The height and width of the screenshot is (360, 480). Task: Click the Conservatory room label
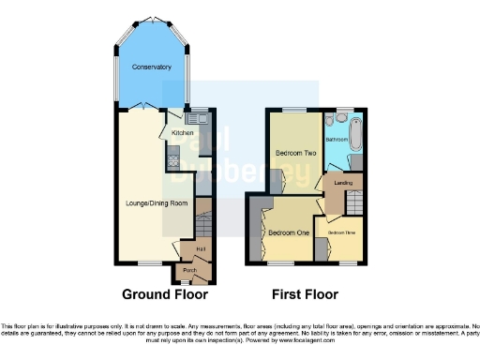(151, 67)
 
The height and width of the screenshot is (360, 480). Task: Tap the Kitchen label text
(182, 133)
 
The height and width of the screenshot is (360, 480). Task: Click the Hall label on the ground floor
(201, 247)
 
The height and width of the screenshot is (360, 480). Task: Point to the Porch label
(189, 270)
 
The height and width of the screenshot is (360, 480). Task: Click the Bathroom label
(337, 139)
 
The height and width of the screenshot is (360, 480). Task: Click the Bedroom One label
(288, 232)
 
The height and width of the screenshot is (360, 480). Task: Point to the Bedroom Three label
(341, 232)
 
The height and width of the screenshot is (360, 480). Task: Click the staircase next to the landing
(353, 202)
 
